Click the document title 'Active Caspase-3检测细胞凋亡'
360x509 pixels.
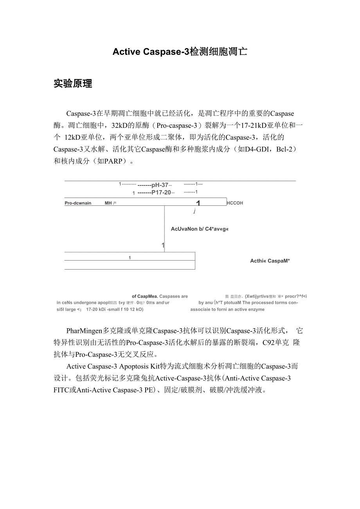click(180, 52)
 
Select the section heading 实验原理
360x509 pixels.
click(73, 83)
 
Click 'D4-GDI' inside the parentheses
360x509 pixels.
click(256, 149)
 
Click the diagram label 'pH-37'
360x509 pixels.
click(160, 185)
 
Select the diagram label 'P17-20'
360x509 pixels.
click(161, 192)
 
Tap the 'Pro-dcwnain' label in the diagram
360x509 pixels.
click(78, 203)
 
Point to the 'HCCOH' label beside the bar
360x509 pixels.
click(235, 203)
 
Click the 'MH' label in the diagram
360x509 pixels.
click(108, 203)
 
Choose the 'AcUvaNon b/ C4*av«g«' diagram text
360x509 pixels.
click(200, 229)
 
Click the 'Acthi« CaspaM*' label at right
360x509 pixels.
click(270, 261)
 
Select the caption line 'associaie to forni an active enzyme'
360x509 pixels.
click(227, 309)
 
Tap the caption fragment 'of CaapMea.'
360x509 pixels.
click(145, 296)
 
